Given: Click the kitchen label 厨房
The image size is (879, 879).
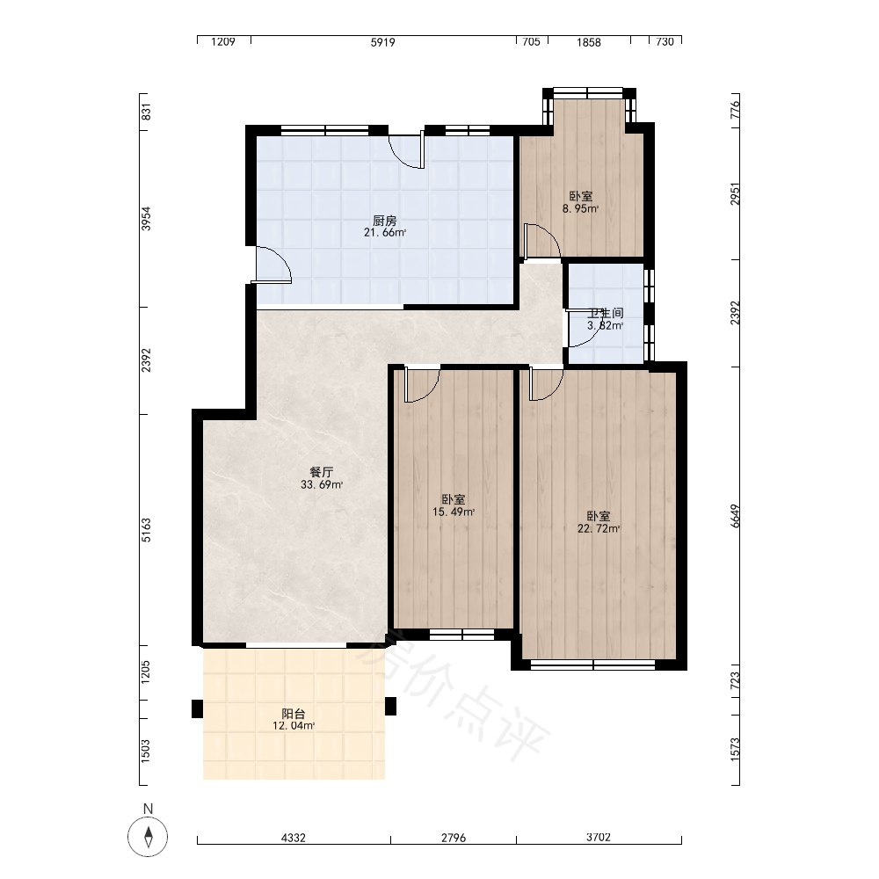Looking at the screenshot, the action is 385,221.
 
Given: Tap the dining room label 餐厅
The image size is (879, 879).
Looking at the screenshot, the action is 321,472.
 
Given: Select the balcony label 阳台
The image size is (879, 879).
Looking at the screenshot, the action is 294,714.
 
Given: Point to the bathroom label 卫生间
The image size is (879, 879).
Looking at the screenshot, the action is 606,313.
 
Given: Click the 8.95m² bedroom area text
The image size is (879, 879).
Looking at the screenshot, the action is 581,208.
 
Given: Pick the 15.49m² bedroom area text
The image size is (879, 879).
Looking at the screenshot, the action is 454,512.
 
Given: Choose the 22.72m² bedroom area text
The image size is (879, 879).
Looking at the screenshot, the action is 599,528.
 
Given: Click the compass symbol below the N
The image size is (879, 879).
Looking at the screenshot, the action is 148,837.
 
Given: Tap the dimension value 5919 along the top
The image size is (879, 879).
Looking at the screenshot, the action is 383,42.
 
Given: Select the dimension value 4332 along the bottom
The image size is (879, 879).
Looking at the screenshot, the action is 294,838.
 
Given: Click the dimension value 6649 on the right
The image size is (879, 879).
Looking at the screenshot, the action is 736,516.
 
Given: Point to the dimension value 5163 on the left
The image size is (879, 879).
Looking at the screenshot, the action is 146,530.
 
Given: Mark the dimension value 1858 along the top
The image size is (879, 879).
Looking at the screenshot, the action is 589,42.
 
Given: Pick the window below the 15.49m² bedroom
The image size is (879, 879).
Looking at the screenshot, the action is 462,635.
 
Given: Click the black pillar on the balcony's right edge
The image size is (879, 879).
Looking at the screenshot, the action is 391,707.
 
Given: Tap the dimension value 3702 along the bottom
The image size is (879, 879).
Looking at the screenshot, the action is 598,837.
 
